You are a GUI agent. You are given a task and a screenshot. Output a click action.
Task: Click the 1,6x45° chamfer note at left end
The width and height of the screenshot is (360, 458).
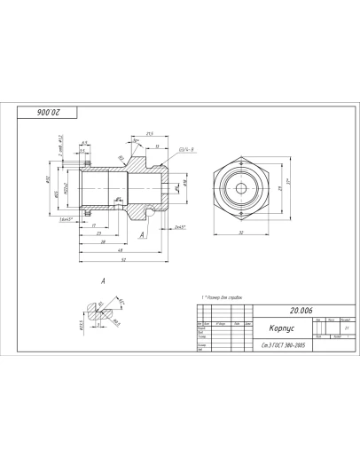point(65,217)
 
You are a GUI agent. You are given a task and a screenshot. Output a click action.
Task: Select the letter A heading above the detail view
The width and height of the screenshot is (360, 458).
point(104,280)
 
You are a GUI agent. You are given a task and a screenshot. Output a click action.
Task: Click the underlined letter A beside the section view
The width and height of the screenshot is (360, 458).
point(142,234)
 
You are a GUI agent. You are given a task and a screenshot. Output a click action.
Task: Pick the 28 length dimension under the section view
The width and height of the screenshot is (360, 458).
point(103,241)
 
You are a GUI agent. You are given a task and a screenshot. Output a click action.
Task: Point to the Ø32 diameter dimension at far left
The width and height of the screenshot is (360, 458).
point(46,179)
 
